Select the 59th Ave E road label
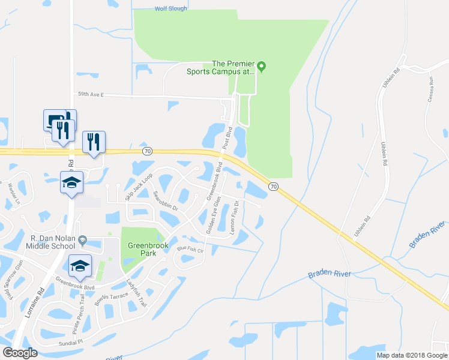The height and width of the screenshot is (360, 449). (91, 94)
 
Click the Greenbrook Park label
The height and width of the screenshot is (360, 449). (142, 249)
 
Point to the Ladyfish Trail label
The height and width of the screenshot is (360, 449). (136, 292)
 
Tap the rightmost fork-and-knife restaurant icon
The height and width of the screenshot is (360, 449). (94, 142)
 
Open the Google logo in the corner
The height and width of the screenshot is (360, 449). (20, 353)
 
